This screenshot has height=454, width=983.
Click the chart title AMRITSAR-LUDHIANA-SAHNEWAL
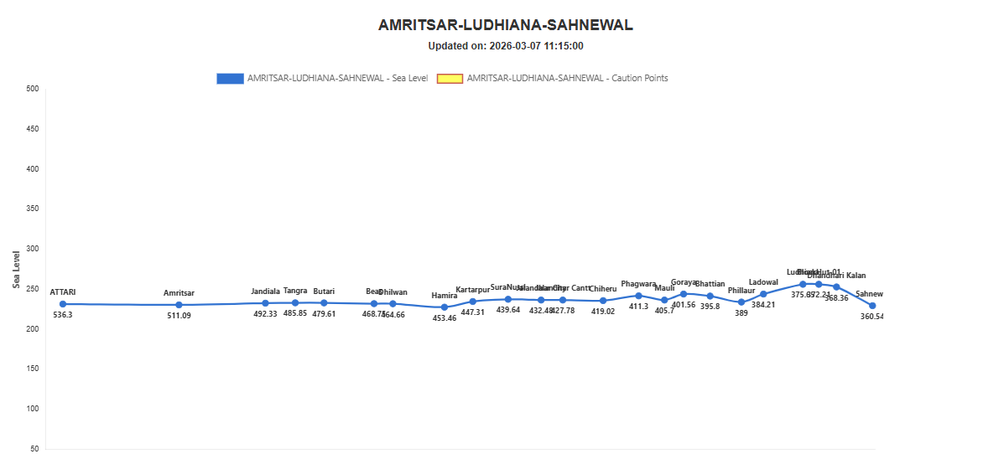pos(505,25)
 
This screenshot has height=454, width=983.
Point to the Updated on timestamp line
pos(505,46)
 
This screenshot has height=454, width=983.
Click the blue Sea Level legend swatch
pos(229,78)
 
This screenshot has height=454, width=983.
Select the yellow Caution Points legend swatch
pos(450,78)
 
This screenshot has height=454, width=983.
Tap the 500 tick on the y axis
pos(33,89)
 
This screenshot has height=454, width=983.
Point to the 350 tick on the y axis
pos(33,209)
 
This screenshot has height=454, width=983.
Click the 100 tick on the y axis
pos(33,409)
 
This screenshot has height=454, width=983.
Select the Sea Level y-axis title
pos(17,269)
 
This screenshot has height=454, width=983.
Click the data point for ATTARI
pos(63,304)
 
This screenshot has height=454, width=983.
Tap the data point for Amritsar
pos(179,305)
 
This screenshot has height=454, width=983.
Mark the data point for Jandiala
pos(265,303)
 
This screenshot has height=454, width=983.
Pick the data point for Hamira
pos(445,307)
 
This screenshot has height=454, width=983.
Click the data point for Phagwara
pos(638,296)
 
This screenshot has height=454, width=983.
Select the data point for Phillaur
pos(741,302)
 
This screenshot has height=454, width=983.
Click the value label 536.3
pos(63,316)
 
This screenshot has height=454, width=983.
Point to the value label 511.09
pos(179,317)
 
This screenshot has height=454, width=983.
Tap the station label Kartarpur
pos(472,290)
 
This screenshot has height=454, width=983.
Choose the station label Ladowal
pos(763,282)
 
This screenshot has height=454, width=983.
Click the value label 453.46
pos(445,319)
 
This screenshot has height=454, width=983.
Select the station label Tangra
pos(295,291)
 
